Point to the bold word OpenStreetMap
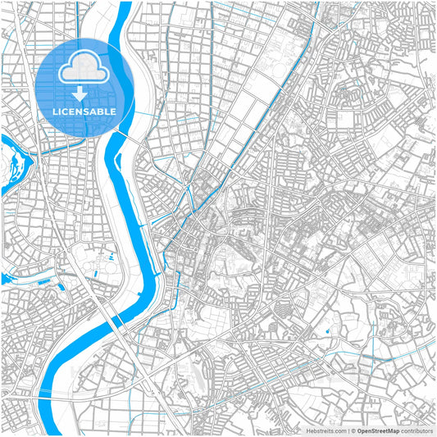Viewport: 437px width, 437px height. pyautogui.click(x=378, y=430)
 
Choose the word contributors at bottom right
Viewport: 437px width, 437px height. pyautogui.click(x=415, y=430)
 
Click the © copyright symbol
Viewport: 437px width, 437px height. pyautogui.click(x=353, y=430)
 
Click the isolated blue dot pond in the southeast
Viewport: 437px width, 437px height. pyautogui.click(x=327, y=331)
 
